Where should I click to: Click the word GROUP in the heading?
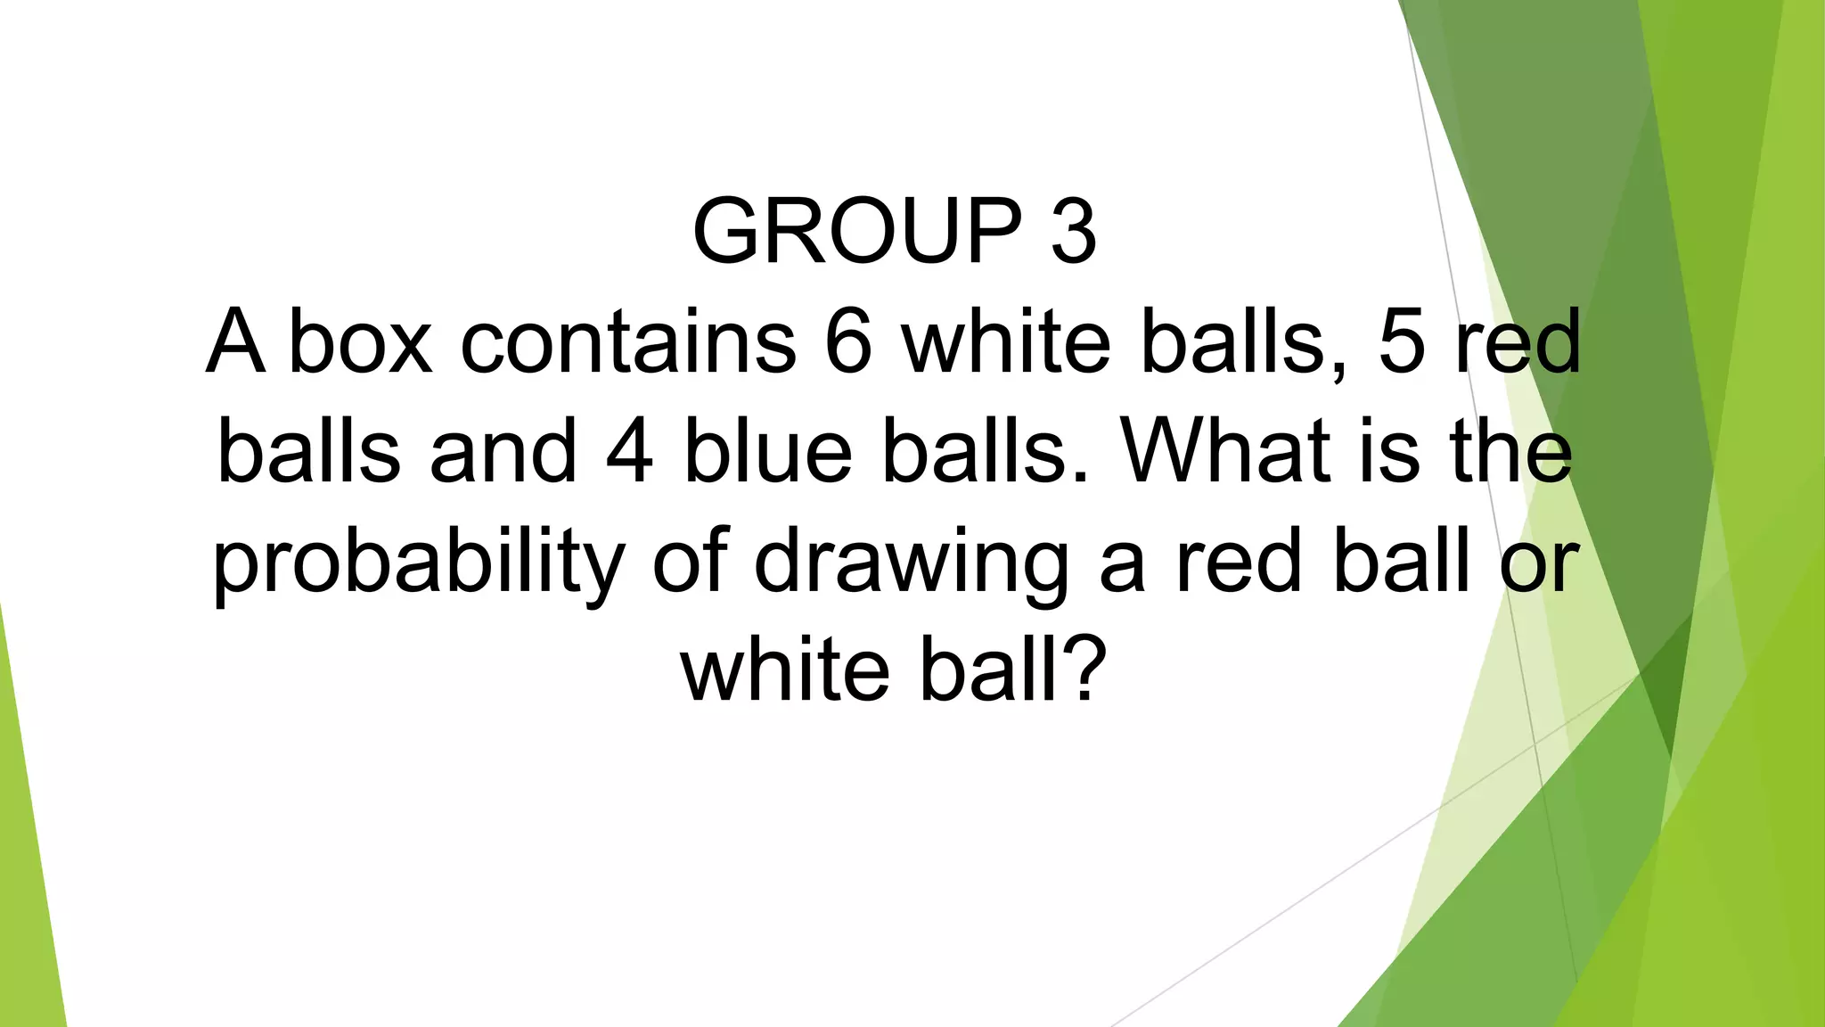pos(856,232)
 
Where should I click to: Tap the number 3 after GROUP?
pos(1074,232)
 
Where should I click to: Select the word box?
pos(361,341)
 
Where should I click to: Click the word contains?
pos(628,341)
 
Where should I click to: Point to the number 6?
pos(848,341)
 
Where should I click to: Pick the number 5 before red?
pos(1402,341)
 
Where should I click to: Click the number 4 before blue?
pos(629,451)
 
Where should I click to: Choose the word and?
pos(504,451)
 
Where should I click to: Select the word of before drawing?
pos(692,562)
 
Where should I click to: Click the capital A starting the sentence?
pos(235,341)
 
